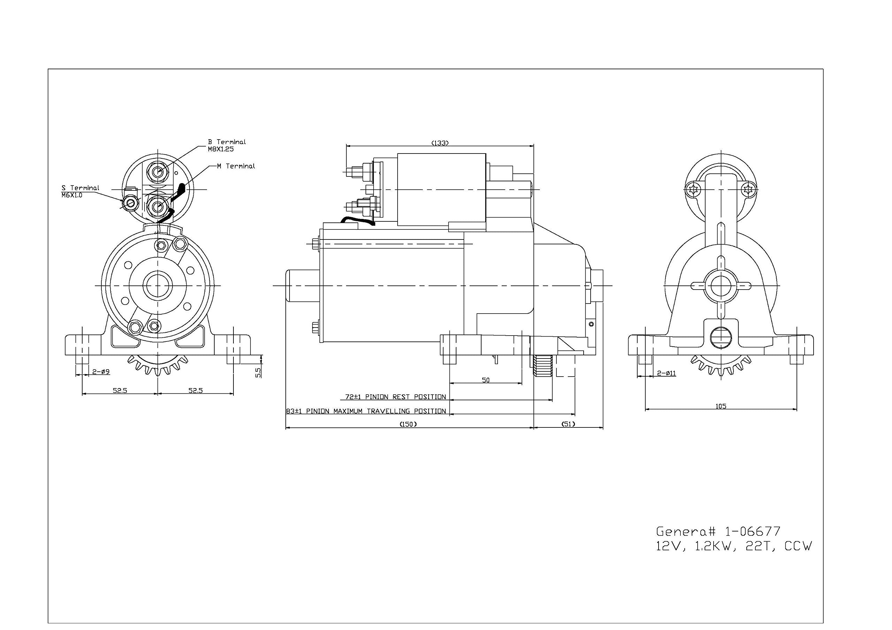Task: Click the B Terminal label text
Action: (x=227, y=142)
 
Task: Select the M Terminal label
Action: (x=236, y=166)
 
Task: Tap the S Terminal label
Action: (x=80, y=188)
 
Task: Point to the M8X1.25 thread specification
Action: (x=221, y=149)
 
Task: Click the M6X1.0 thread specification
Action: (x=72, y=195)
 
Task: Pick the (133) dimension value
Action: (x=440, y=143)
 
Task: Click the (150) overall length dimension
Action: (x=408, y=424)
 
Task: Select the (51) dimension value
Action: (x=568, y=424)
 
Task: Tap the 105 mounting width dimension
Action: (x=721, y=407)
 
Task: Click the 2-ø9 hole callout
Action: (x=101, y=372)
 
